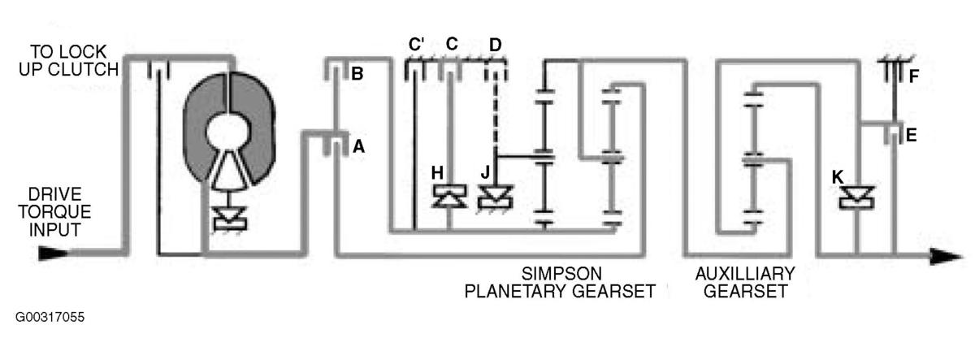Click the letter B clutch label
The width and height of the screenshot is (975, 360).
click(357, 74)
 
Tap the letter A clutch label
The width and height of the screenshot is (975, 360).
click(358, 147)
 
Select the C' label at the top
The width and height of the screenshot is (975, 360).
click(417, 44)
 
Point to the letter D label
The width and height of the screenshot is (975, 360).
click(496, 45)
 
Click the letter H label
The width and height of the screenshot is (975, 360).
click(437, 173)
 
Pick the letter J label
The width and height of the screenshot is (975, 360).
click(485, 172)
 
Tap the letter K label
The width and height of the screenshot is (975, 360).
click(838, 177)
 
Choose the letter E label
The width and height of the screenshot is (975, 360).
click(911, 136)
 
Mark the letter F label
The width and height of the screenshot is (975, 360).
click(913, 76)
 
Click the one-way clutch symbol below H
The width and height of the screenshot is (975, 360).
click(449, 196)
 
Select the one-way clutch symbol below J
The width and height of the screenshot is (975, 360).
click(496, 197)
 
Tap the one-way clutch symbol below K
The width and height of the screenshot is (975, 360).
click(856, 197)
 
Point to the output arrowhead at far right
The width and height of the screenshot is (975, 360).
click(946, 256)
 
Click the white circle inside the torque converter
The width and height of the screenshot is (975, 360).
click(228, 132)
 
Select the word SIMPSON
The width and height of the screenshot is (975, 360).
click(561, 274)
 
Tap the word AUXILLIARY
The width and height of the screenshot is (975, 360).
click(745, 274)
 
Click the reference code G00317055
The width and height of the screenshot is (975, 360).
click(50, 317)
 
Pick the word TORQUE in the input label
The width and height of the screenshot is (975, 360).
click(54, 212)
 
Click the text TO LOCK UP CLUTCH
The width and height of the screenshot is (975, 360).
click(69, 60)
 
